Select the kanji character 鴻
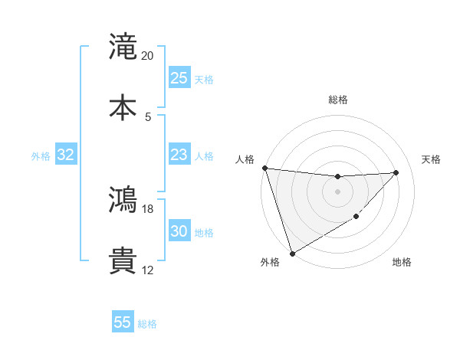123,201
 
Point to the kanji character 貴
123,262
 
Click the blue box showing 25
179,78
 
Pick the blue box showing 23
179,155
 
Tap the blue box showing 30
179,231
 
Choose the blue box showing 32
66,155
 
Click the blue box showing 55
123,322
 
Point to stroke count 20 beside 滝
148,56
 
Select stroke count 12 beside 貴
148,270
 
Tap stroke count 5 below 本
148,116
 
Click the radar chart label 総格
338,100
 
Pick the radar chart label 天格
432,159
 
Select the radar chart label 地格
402,263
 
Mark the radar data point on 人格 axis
264,168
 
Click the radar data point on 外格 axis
292,253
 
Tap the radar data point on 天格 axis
396,172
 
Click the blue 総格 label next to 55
147,324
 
